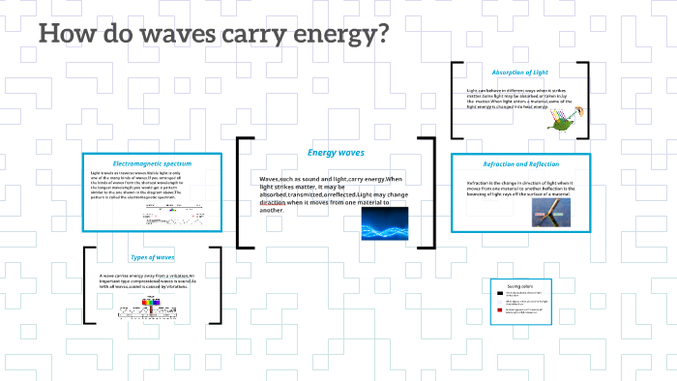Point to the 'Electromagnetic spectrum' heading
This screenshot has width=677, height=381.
[152, 163]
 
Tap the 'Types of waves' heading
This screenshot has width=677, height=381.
[151, 257]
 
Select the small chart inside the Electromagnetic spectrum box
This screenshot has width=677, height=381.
[170, 213]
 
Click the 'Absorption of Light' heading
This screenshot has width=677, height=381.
[520, 73]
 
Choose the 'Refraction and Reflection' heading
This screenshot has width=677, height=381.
[520, 163]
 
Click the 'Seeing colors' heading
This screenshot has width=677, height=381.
[521, 285]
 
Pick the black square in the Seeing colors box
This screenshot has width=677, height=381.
[499, 293]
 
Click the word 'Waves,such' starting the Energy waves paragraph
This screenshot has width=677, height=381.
[281, 180]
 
